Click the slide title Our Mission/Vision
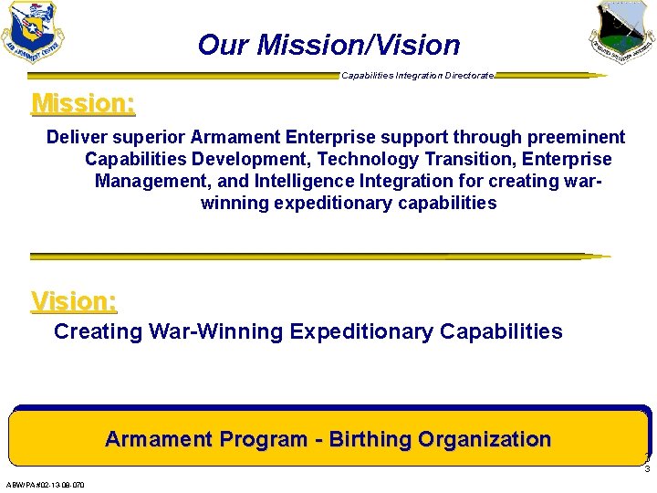(328, 44)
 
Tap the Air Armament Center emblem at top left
(34, 32)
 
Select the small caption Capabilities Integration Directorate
(418, 75)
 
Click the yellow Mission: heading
(83, 103)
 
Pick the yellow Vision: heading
(74, 300)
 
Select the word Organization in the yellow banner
(485, 439)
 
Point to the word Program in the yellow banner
(263, 439)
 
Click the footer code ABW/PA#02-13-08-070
(45, 485)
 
